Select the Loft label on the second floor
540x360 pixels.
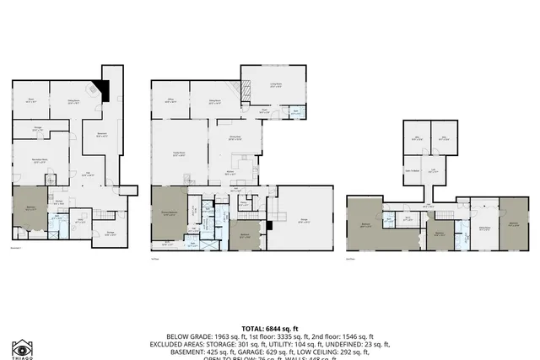coord(433,170)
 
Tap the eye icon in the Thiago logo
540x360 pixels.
coord(23,348)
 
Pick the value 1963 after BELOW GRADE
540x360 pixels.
coord(231,336)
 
